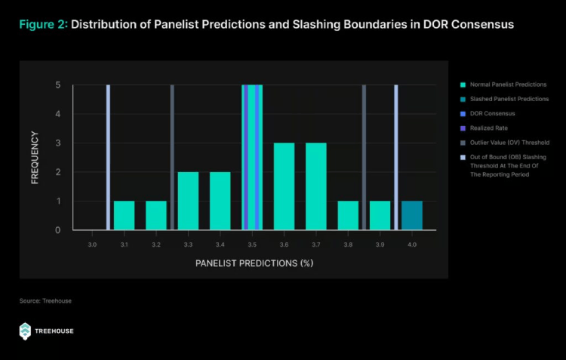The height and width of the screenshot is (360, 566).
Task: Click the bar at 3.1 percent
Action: coord(124,215)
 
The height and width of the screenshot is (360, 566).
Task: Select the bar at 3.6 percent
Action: coord(284,186)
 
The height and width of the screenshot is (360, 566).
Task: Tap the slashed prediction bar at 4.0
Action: coord(412,215)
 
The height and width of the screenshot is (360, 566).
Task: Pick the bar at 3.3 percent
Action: coord(188,201)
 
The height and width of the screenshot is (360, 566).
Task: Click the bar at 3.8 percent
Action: coord(348,215)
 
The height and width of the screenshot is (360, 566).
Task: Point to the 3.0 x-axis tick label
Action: coord(92,245)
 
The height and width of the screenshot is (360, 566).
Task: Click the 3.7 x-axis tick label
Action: coord(316,245)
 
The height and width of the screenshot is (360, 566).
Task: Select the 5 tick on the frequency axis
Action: coord(58,85)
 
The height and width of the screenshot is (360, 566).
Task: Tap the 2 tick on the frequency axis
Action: coord(58,172)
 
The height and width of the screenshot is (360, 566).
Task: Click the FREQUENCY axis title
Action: coord(35,158)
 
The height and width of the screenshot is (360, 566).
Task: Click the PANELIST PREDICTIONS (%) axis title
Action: coord(254,263)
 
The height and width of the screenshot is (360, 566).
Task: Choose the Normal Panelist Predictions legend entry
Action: coord(498,85)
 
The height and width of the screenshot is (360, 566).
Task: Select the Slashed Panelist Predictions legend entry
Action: coord(499,99)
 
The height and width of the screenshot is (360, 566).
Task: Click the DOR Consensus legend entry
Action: coord(488,113)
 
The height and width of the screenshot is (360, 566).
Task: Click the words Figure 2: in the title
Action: coord(44,24)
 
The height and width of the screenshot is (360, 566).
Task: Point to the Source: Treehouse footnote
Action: coord(46,301)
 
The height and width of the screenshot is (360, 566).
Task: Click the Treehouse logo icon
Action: coord(26,330)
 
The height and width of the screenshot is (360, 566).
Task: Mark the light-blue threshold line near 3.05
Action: coord(108,157)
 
